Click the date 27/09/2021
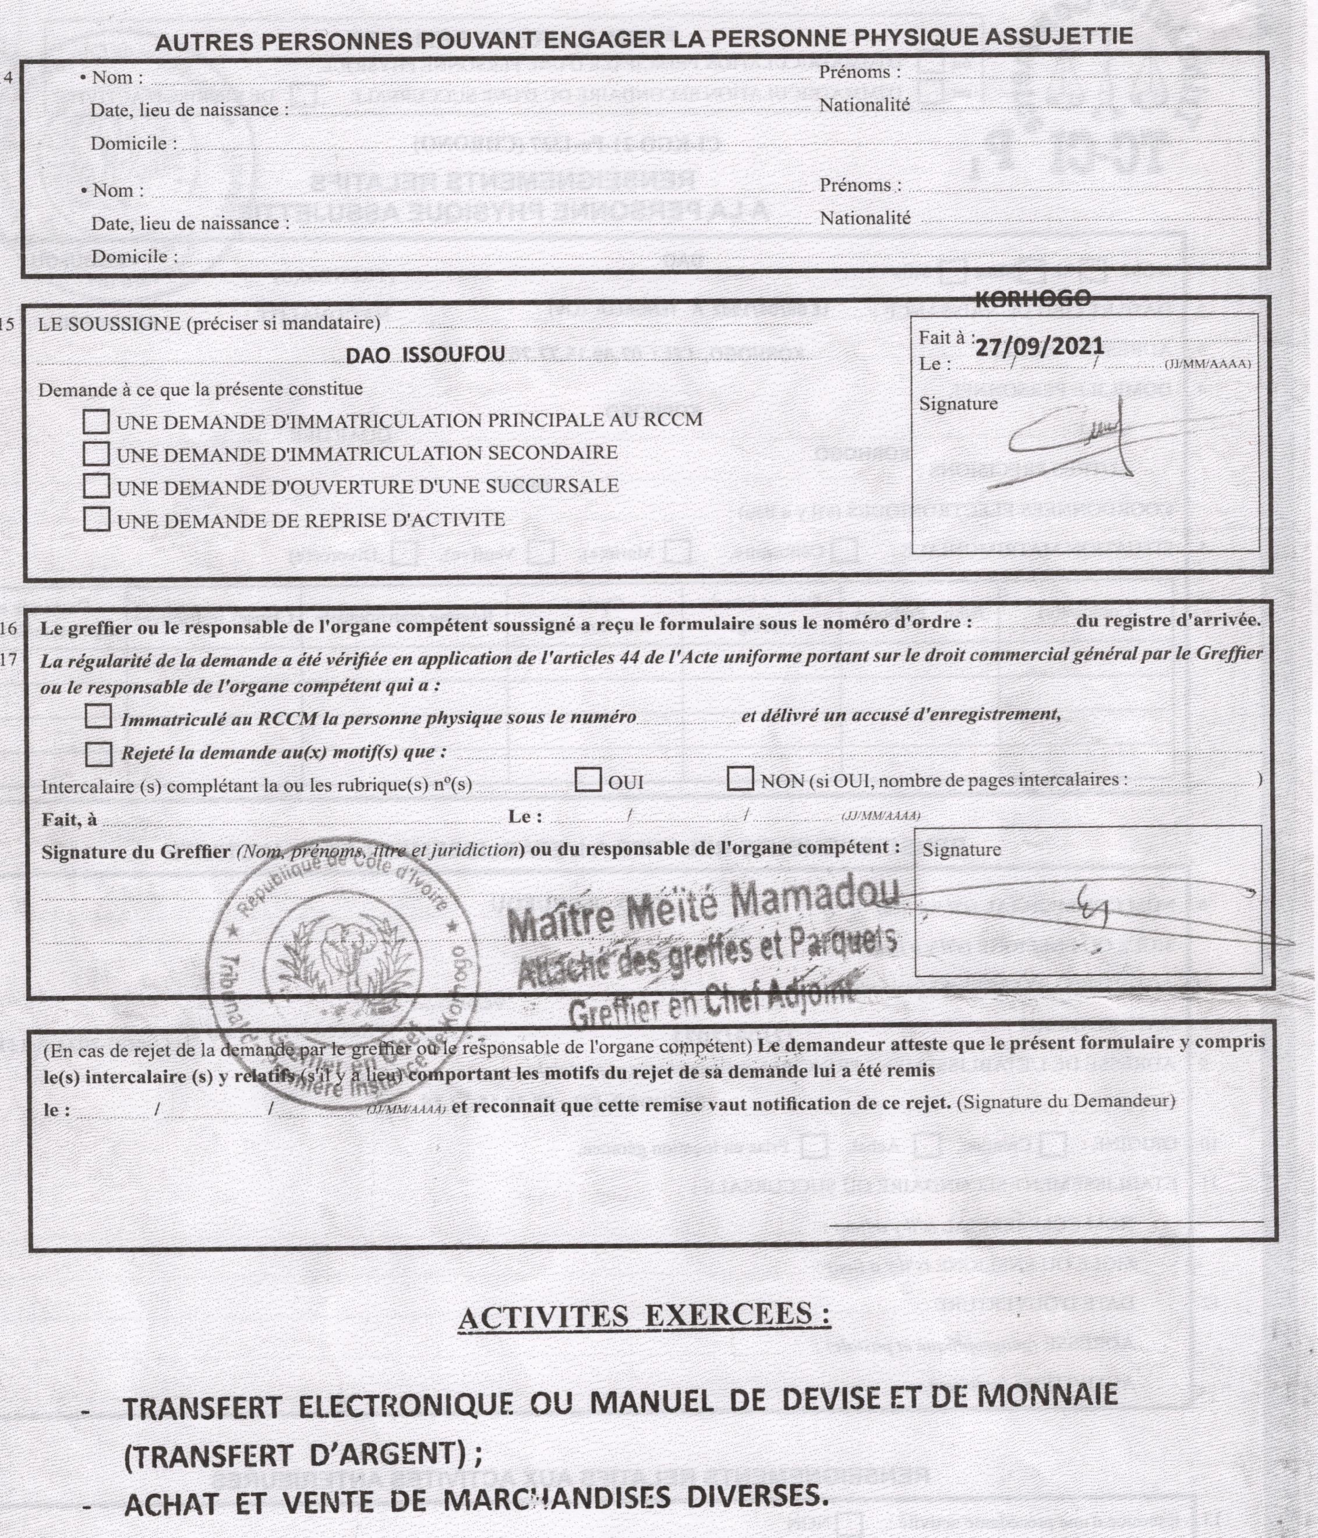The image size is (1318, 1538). pos(1039,347)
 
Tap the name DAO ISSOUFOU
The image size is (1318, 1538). pos(426,355)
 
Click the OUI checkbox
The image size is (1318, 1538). pos(588,780)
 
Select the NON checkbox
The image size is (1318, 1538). pos(740,779)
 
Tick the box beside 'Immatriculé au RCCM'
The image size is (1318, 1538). pos(98,716)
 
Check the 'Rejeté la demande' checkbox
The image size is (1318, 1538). pos(98,754)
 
